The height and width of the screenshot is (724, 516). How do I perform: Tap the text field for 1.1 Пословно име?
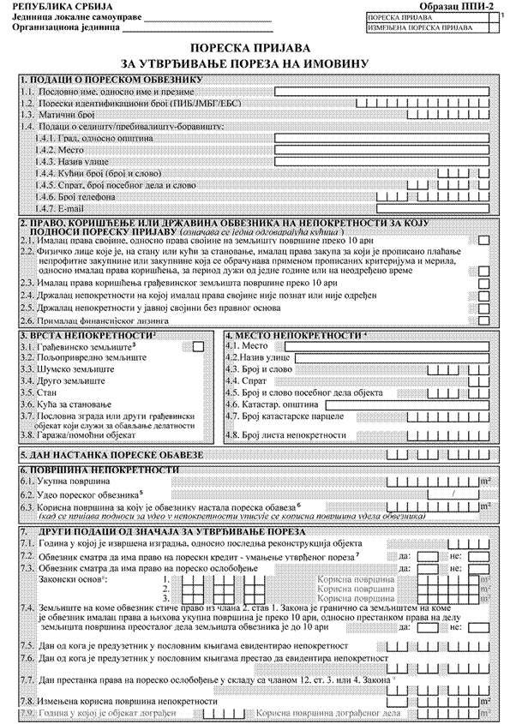tap(381, 90)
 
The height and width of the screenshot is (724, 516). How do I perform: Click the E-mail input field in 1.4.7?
tap(433, 206)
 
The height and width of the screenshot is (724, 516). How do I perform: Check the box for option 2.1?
tap(483, 242)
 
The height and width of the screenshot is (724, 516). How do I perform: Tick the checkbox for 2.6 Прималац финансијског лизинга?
tap(483, 319)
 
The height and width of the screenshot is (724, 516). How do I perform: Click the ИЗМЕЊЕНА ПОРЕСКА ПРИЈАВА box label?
tap(415, 27)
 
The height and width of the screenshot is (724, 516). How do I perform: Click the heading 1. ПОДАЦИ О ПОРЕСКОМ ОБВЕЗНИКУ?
tap(111, 80)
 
